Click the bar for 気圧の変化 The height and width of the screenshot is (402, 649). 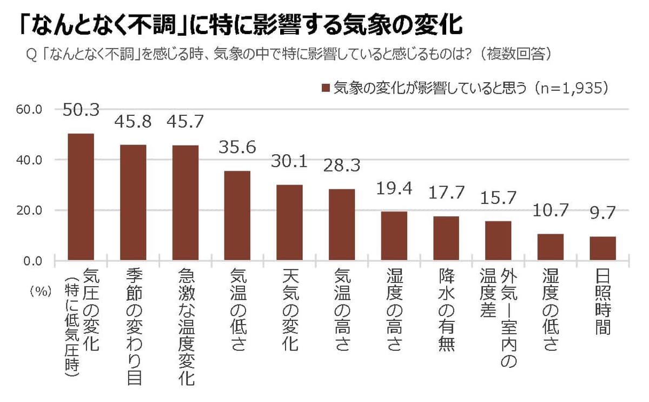81,197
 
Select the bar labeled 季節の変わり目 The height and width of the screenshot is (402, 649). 133,202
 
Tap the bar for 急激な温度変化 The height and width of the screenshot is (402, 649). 185,203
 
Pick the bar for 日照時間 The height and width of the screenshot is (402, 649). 602,248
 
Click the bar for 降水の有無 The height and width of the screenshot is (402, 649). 446,238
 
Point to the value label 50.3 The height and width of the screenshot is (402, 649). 81,110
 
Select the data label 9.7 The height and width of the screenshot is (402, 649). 602,213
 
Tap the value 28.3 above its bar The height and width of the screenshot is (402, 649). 342,165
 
